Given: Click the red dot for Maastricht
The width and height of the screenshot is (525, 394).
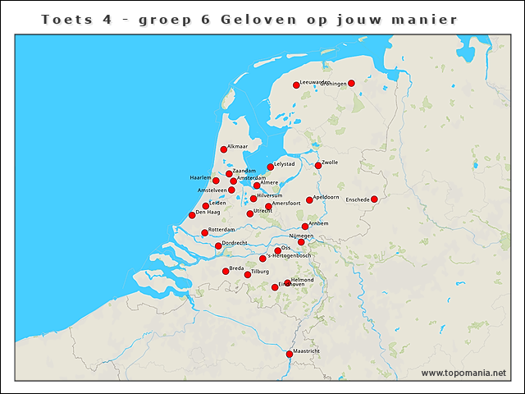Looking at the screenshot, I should [x=289, y=354].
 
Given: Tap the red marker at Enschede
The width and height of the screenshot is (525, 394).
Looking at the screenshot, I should [x=374, y=199].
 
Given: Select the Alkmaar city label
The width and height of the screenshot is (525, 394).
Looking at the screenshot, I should [x=237, y=146].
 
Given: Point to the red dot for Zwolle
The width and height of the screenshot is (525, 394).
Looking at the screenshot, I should [x=318, y=166].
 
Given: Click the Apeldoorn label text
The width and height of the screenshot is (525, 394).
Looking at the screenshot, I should [x=326, y=197].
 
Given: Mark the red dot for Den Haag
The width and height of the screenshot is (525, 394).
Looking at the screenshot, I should [x=192, y=215].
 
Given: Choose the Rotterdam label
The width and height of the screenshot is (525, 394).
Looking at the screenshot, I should [x=221, y=229].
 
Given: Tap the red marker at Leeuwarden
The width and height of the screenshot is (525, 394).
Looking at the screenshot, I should [x=297, y=85].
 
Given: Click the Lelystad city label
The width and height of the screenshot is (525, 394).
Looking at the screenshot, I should [x=285, y=164].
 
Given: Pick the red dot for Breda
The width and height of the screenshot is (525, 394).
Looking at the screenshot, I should [x=226, y=271].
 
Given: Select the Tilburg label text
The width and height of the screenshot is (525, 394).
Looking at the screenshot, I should [x=260, y=271].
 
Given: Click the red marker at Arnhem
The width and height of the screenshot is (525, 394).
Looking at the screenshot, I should [x=305, y=227].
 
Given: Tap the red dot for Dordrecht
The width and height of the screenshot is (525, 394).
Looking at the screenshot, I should [x=218, y=245].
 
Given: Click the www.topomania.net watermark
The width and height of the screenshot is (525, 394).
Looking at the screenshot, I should [x=463, y=373].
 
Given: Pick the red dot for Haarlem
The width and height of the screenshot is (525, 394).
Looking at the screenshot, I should [x=216, y=180].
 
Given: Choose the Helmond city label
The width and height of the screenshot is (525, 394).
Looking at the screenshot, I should [x=302, y=279].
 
